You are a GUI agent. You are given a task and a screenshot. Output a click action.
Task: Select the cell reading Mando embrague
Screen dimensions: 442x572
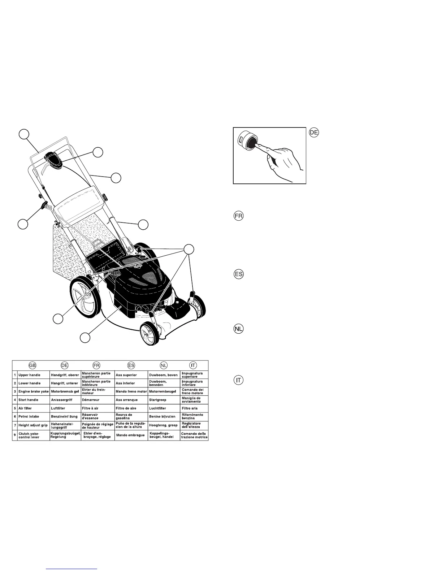(x=130, y=435)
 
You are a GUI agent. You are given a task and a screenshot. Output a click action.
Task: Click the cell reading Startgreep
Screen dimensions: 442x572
(x=159, y=400)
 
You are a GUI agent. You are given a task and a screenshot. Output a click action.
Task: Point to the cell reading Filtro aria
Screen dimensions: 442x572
(x=190, y=408)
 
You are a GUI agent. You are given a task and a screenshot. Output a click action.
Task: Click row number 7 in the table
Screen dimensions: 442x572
(x=14, y=425)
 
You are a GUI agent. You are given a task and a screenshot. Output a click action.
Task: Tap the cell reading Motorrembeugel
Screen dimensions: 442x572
(x=162, y=391)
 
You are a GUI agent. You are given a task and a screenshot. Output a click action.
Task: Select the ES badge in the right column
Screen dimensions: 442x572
(x=238, y=274)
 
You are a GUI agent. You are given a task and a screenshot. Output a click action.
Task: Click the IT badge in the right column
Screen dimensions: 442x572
(x=238, y=380)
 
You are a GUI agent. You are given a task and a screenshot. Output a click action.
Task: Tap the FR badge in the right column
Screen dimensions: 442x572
(x=238, y=216)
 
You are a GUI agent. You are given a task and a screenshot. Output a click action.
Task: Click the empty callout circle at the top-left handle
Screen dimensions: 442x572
(x=24, y=134)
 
